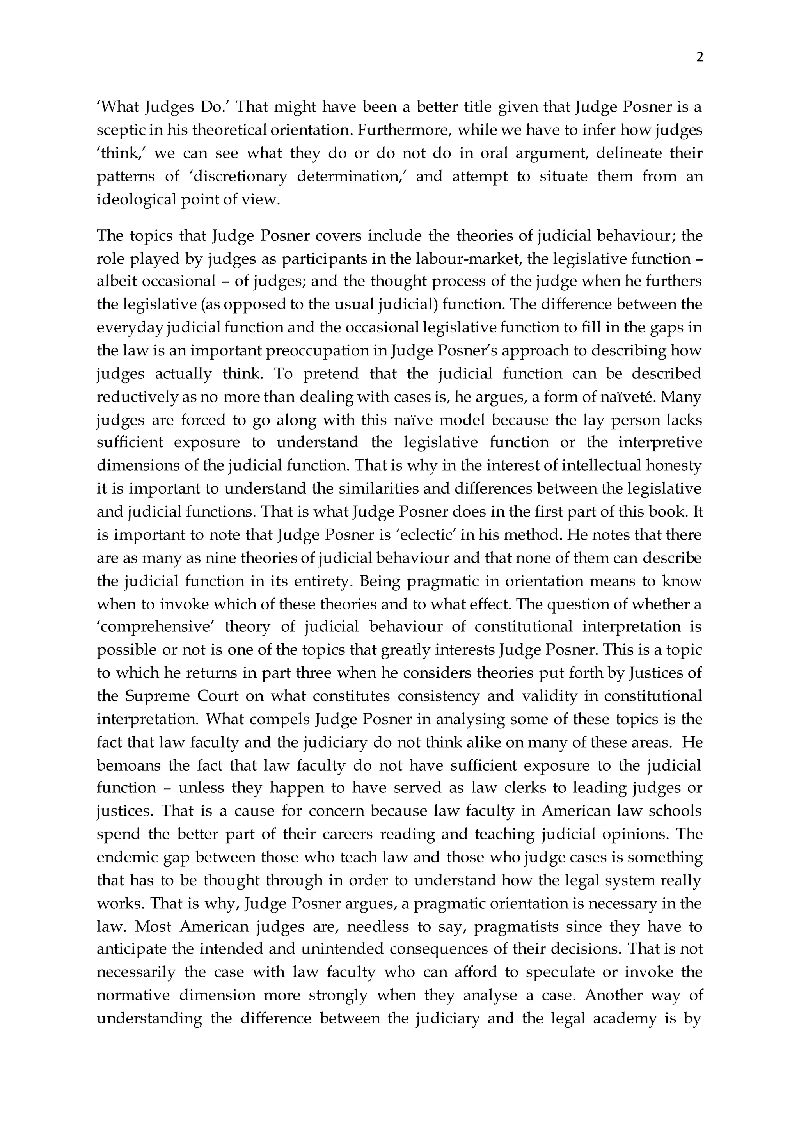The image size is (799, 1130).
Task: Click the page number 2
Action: tap(700, 58)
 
